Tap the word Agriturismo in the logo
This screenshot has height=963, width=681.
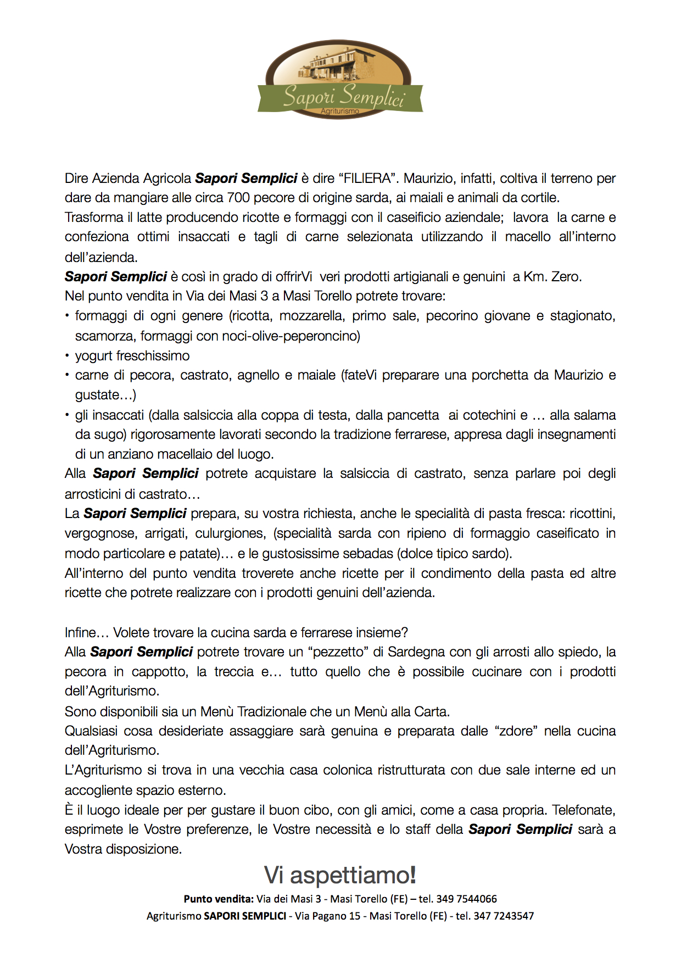tap(340, 111)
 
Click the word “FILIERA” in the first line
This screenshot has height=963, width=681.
tap(368, 179)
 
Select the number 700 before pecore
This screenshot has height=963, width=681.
tap(238, 198)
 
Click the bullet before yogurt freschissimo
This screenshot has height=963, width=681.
tap(67, 356)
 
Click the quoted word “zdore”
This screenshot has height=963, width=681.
tap(516, 731)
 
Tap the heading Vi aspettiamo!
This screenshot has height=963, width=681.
tap(340, 875)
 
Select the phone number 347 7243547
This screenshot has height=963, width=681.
tap(503, 916)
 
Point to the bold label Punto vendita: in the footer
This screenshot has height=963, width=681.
tap(219, 899)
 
